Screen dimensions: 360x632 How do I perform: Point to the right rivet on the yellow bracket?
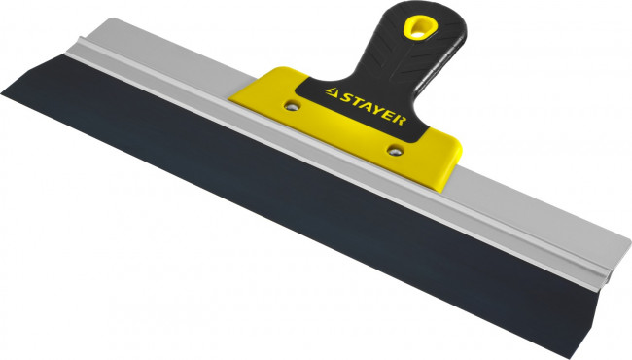394,148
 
